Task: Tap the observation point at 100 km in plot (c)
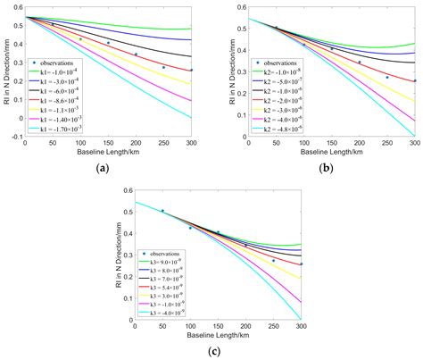190,229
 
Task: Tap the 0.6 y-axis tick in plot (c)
127,190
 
